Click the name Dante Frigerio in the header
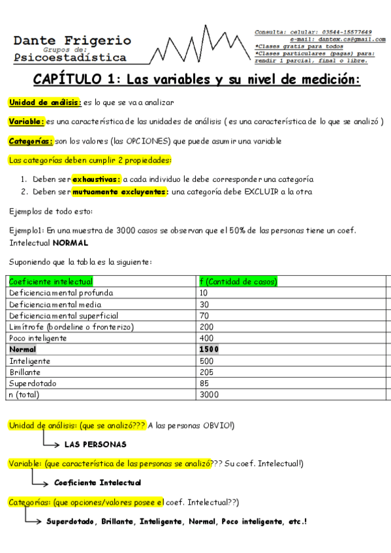tap(72, 40)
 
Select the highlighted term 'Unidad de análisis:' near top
tap(45, 103)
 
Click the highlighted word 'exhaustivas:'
tap(96, 179)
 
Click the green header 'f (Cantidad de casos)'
tap(239, 282)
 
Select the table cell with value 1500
tap(210, 350)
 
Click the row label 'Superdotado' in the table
tap(34, 383)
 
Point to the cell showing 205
tap(207, 372)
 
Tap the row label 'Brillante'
tap(27, 372)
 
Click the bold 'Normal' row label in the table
tap(23, 350)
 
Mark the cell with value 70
tap(204, 316)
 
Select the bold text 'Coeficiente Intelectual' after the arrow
tap(98, 483)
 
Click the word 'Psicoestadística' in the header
tap(70, 57)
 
